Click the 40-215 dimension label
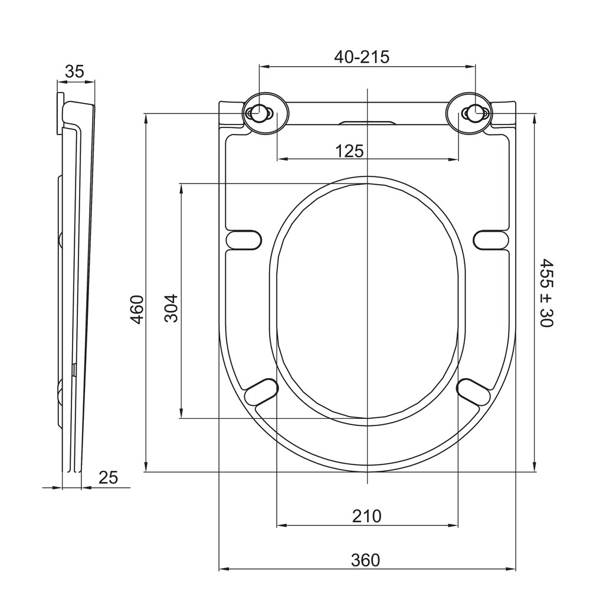[362, 57]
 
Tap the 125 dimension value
[349, 151]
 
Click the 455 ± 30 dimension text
[546, 293]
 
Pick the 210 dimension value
[367, 516]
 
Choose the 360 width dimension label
[365, 560]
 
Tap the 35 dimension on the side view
[74, 71]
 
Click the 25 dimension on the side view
[109, 477]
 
